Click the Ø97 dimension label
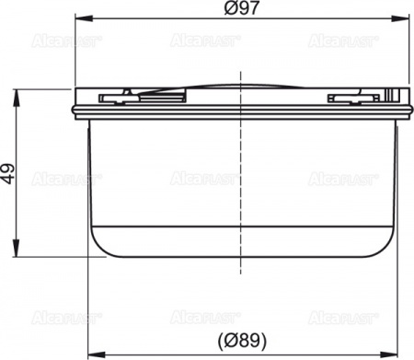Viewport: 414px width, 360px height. (240, 7)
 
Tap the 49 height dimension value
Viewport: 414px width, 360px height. (9, 171)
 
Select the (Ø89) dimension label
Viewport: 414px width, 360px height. (241, 339)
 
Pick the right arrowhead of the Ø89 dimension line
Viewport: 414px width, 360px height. (389, 353)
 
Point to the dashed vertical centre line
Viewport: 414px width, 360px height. (241, 184)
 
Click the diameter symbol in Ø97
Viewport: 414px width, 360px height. (228, 7)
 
